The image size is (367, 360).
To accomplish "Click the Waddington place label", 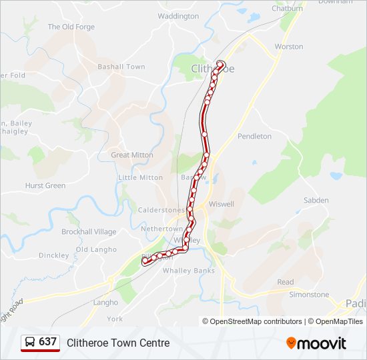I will point(178,16).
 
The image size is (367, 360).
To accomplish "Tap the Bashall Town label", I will point(121,67).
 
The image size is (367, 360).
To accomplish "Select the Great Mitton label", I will point(132,155).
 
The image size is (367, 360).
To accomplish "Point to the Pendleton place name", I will point(255,136).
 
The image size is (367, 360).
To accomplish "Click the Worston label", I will point(289,47).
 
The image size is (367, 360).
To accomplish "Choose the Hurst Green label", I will point(45,186).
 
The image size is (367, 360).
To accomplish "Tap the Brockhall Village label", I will point(89,232).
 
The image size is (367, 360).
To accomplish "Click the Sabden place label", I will point(316,200).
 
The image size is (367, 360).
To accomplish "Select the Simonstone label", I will point(309,295).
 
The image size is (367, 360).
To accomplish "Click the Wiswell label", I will point(222,204).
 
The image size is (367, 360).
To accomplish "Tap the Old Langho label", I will point(96,250).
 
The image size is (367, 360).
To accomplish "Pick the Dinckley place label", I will point(54,255).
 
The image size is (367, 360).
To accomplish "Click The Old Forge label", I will point(71,27).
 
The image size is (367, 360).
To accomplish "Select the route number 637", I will point(48,342).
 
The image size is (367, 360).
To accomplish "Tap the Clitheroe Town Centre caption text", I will point(118,343).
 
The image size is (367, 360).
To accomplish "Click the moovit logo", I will point(316,343).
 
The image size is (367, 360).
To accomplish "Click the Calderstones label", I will point(156,209).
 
